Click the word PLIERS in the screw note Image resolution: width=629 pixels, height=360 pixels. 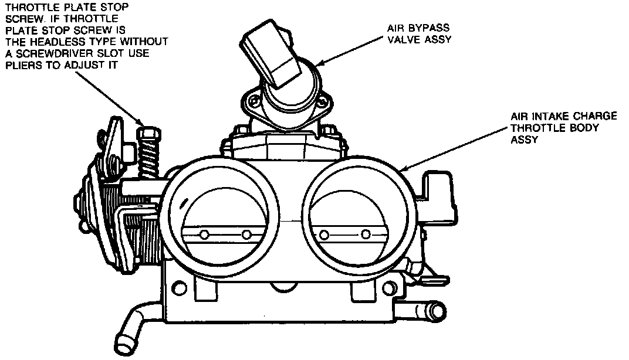point(22,65)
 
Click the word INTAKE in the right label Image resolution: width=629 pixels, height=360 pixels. point(549,117)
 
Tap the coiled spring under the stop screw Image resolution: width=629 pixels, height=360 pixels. point(150,158)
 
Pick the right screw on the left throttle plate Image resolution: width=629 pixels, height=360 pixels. point(246,235)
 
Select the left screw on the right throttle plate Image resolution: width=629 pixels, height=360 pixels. point(323,235)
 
